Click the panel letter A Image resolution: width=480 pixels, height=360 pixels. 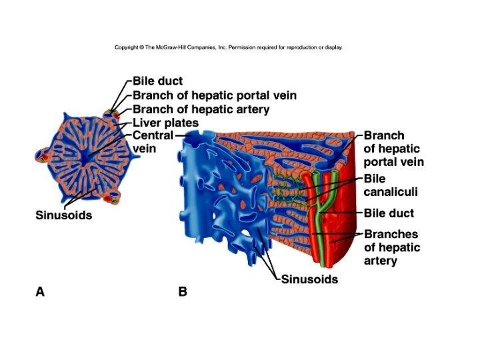(40, 291)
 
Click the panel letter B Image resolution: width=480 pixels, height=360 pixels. (182, 291)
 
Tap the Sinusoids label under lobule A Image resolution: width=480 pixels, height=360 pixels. (63, 215)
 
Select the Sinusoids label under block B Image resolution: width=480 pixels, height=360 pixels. (309, 279)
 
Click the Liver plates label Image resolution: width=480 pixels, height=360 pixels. (165, 123)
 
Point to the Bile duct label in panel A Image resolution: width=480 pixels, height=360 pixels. (157, 82)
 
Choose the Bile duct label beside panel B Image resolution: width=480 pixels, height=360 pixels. (389, 213)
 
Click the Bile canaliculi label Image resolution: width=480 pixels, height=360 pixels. (391, 185)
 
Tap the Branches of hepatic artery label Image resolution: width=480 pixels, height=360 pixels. (392, 247)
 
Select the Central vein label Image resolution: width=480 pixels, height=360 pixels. (153, 142)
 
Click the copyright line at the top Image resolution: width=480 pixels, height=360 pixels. (229, 47)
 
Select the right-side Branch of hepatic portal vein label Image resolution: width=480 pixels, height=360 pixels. (393, 149)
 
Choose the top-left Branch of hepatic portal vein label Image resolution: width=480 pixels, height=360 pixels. (214, 96)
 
